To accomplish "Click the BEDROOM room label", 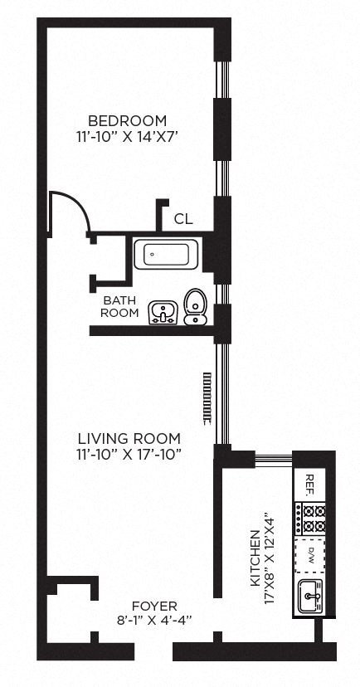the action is [x=127, y=120].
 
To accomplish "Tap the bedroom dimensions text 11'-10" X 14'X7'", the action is [x=127, y=137].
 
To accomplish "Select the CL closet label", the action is [x=183, y=219].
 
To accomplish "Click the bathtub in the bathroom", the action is [x=166, y=254].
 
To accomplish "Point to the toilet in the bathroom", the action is [x=196, y=307].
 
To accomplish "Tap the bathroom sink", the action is [x=163, y=313].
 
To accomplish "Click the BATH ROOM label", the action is [x=119, y=307].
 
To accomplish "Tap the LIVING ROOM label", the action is [x=129, y=438].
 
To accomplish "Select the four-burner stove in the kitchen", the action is [x=310, y=519].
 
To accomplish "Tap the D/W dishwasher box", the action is [x=310, y=556].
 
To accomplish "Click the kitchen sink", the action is [x=310, y=596].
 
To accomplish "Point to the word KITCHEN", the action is [x=255, y=558].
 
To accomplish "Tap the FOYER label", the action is [x=154, y=607].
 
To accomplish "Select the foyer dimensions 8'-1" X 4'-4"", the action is [x=154, y=621].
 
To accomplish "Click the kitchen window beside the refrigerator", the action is [x=274, y=459].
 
